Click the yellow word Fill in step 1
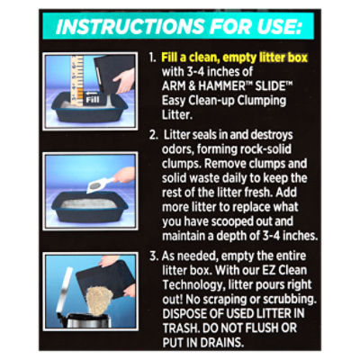click(x=169, y=58)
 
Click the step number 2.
click(x=154, y=135)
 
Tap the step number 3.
click(x=154, y=256)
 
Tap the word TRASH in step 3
click(x=181, y=328)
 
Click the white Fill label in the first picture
click(x=92, y=99)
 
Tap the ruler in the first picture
click(x=76, y=80)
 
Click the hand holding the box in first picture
click(x=123, y=80)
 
